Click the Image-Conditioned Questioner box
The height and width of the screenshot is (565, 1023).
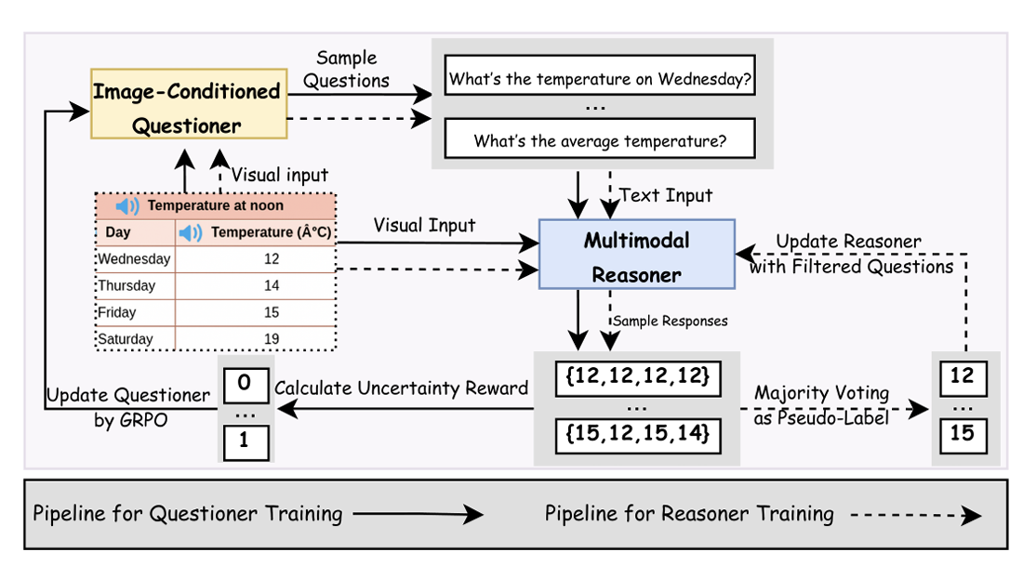coord(187,104)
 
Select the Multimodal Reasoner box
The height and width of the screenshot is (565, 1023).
coord(637,255)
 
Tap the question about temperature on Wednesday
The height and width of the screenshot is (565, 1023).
coord(600,79)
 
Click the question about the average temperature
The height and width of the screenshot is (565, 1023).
coord(600,141)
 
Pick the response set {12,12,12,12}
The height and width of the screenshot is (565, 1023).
coord(637,377)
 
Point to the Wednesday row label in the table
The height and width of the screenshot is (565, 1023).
coord(134,259)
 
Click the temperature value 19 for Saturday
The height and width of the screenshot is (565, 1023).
coord(271,339)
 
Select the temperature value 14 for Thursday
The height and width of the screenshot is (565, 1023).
coord(271,285)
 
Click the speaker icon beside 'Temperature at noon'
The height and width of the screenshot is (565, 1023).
coord(127,205)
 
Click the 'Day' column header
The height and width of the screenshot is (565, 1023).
coord(118,232)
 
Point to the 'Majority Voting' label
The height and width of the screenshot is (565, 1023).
coord(821,393)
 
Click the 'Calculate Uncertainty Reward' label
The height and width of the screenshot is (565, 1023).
coord(402,388)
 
